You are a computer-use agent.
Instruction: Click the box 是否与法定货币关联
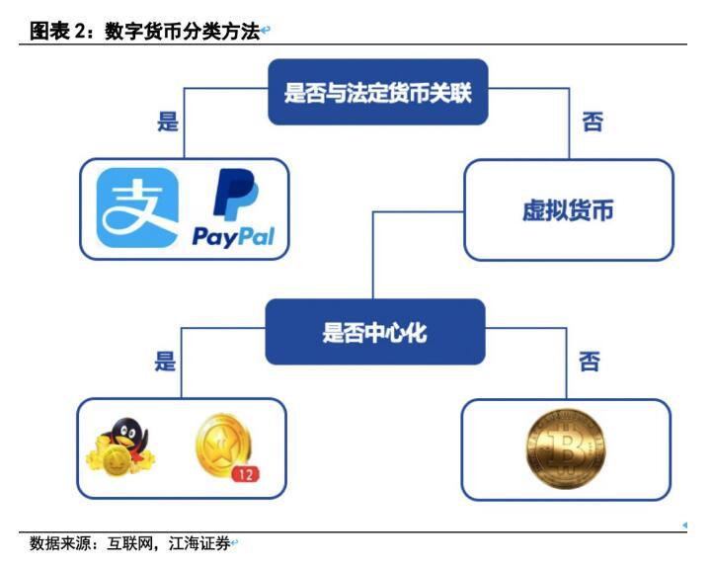378,94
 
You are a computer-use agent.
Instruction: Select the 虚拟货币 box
568,210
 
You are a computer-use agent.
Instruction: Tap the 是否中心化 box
374,332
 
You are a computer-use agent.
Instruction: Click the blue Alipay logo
137,208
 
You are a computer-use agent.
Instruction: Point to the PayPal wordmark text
234,237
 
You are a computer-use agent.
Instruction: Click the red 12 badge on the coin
245,475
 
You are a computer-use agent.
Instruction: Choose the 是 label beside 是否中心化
166,362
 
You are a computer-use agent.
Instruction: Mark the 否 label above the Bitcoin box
589,362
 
